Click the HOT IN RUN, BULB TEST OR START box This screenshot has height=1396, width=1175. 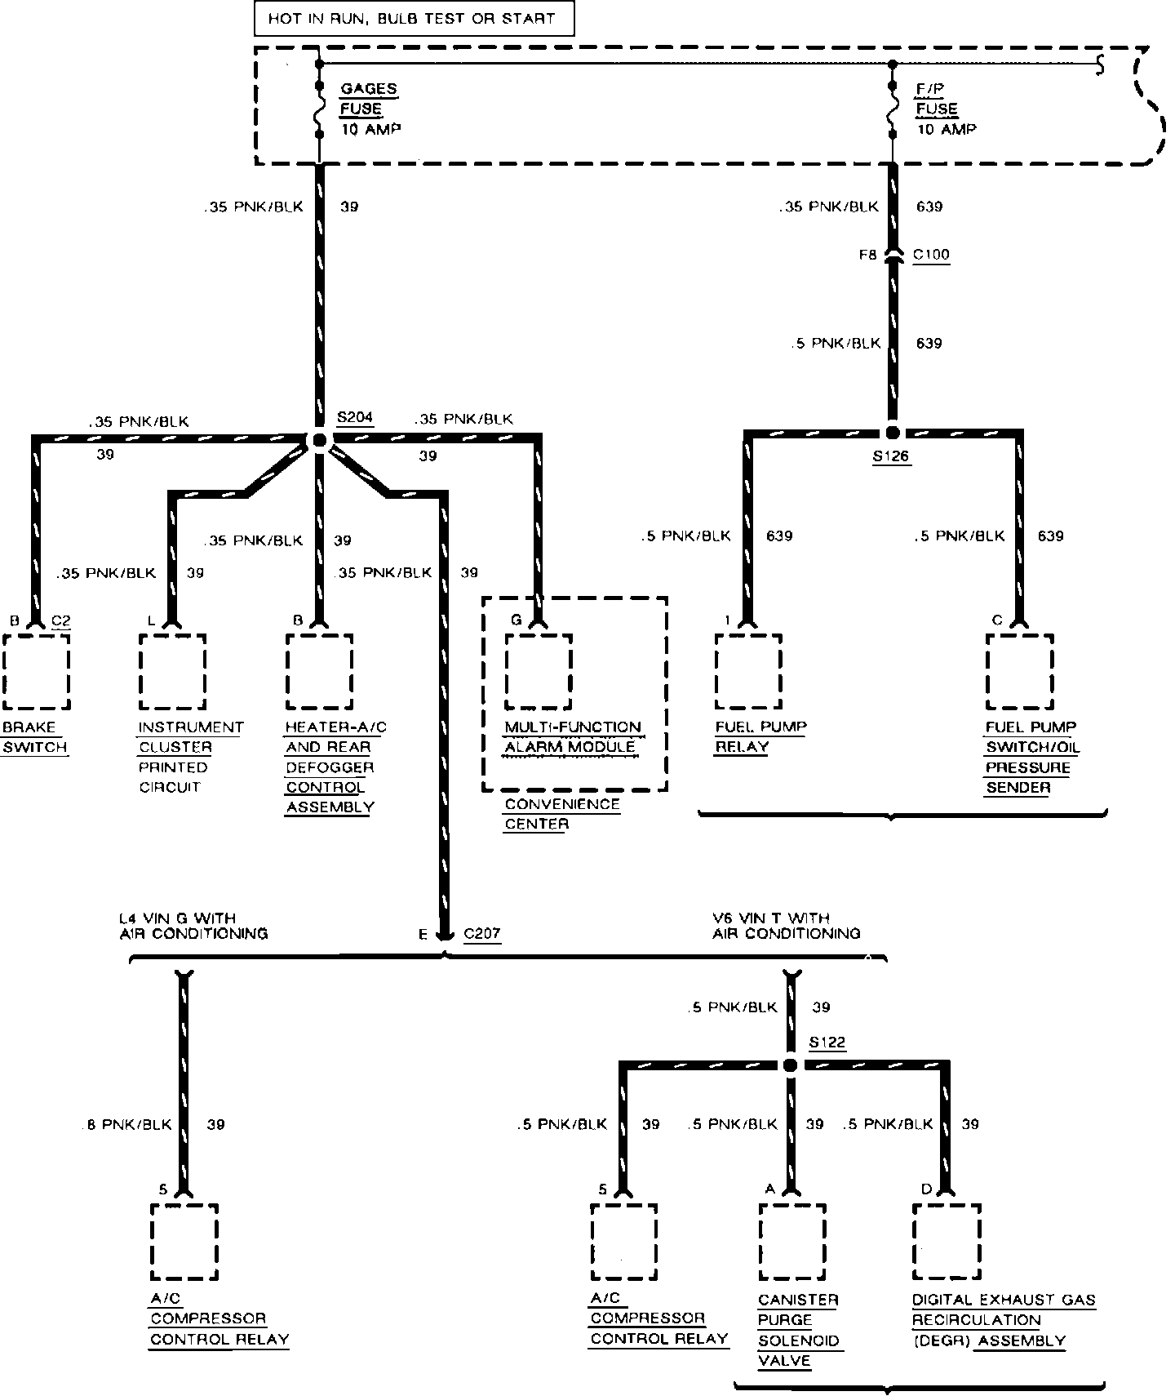[x=414, y=19]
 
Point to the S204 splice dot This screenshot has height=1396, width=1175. [x=319, y=440]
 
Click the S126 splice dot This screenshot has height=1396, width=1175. [x=892, y=433]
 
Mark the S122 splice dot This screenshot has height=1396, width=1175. [x=789, y=1065]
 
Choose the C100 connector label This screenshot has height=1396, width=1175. [x=930, y=255]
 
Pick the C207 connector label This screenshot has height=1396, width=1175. [x=481, y=934]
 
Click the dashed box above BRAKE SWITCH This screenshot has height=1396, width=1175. [x=36, y=671]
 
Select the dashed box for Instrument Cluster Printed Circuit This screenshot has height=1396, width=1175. [x=172, y=671]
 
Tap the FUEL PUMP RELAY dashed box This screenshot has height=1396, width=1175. [x=748, y=671]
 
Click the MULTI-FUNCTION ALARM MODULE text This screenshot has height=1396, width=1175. [x=573, y=737]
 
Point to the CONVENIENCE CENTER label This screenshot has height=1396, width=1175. [x=562, y=814]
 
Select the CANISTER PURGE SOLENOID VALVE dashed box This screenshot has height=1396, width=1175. [x=792, y=1241]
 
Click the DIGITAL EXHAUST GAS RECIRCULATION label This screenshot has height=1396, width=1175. [x=1003, y=1320]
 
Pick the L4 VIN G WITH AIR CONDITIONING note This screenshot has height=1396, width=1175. [x=193, y=926]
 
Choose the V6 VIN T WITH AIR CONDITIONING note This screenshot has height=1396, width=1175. [x=786, y=926]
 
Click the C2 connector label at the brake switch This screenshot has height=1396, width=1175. [x=61, y=620]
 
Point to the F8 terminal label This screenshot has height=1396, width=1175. [x=867, y=255]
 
